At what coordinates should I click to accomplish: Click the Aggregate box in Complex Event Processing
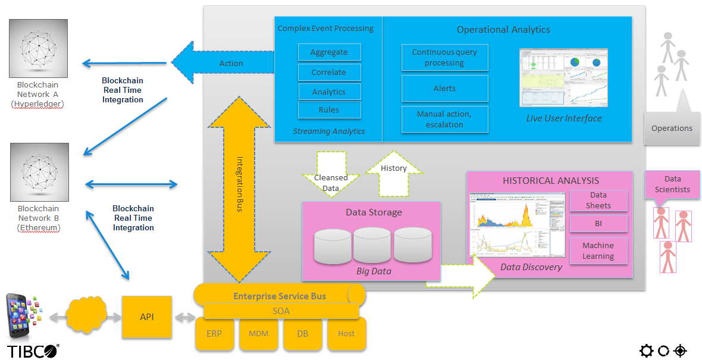point(329,52)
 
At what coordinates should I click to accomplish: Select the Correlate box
point(329,73)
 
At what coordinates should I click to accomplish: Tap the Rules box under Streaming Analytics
point(329,109)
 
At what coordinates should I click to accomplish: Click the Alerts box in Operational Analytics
point(444,88)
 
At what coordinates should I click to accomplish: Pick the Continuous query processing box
point(444,58)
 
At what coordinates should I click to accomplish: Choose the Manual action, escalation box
point(444,119)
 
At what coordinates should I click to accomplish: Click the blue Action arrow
point(223,62)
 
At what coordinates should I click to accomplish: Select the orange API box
point(147,317)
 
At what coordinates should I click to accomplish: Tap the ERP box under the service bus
point(214,334)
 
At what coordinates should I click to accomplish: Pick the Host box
point(346,334)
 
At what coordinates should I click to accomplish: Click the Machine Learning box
point(598,251)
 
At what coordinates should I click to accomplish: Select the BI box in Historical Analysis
point(598,224)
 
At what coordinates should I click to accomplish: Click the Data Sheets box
point(598,200)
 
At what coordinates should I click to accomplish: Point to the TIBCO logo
point(33,351)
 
